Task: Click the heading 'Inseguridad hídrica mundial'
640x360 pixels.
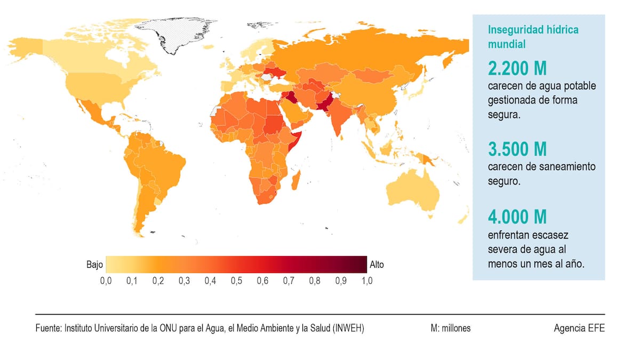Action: coord(533,37)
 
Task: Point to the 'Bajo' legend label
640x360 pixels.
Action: coord(94,265)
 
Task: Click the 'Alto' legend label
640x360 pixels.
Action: coord(376,265)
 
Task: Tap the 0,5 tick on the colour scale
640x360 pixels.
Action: coord(236,281)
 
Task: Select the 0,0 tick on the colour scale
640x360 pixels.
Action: coord(106,281)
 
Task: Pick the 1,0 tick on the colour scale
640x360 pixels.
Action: coord(366,281)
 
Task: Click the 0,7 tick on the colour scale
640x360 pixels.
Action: coord(288,281)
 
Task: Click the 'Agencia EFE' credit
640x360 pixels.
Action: coord(579,329)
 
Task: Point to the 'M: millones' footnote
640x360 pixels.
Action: coord(451,329)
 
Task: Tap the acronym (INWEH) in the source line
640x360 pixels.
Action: coord(348,329)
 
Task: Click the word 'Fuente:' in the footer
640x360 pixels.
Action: coord(49,329)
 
